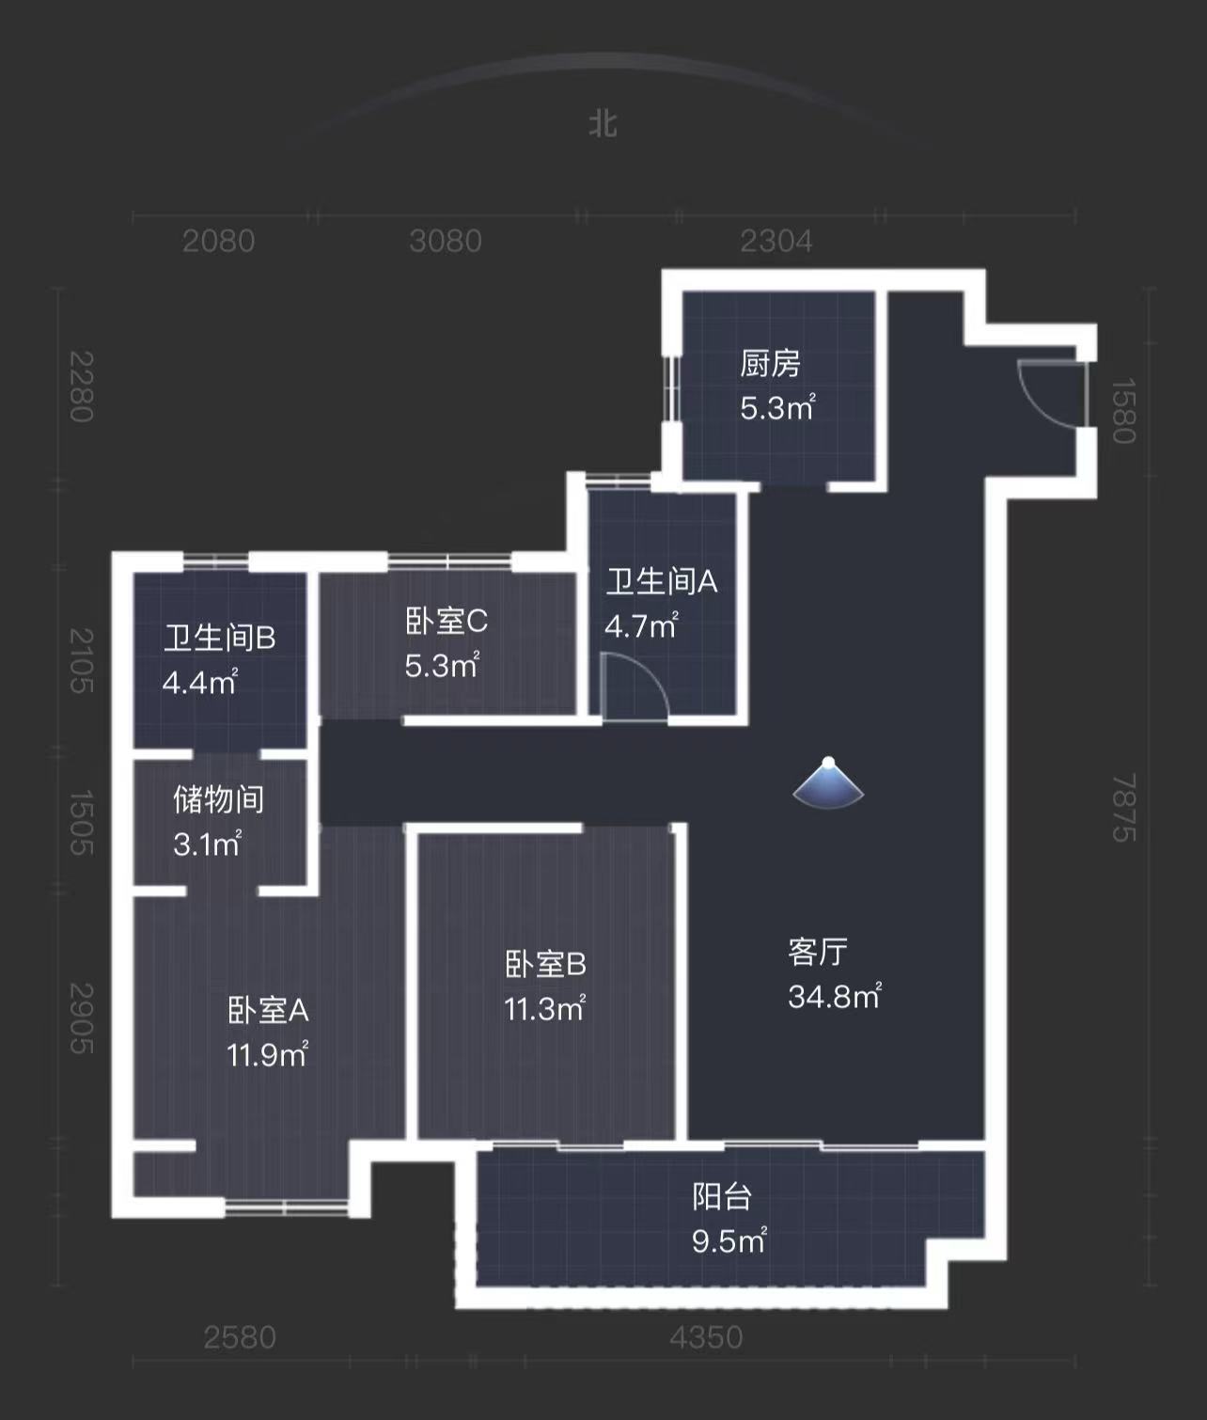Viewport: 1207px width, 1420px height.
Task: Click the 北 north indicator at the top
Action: point(603,124)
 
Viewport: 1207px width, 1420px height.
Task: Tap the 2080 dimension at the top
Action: point(218,242)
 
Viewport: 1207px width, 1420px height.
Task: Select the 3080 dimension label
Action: point(446,242)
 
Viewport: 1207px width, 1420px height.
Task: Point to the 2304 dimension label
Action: point(776,242)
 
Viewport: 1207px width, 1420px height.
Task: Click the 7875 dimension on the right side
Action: point(1124,808)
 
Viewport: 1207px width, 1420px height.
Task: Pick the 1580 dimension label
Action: point(1124,411)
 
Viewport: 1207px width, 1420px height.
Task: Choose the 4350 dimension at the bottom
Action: point(706,1337)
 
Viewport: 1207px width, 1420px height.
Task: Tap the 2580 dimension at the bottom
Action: point(240,1337)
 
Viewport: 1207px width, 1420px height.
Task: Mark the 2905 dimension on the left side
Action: point(83,1018)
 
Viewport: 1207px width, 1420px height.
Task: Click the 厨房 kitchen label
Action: point(770,363)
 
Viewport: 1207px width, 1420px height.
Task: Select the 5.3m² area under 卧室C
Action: point(442,666)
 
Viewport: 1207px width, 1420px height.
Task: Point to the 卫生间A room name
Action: point(662,582)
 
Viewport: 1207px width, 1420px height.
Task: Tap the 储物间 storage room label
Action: point(218,799)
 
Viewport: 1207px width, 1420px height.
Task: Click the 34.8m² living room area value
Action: point(835,996)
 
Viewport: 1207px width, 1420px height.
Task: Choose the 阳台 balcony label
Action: point(722,1196)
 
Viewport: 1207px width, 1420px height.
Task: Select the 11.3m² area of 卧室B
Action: point(545,1009)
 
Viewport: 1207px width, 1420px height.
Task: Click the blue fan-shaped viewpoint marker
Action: point(828,784)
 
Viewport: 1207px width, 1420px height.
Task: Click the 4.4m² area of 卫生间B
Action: point(200,682)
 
